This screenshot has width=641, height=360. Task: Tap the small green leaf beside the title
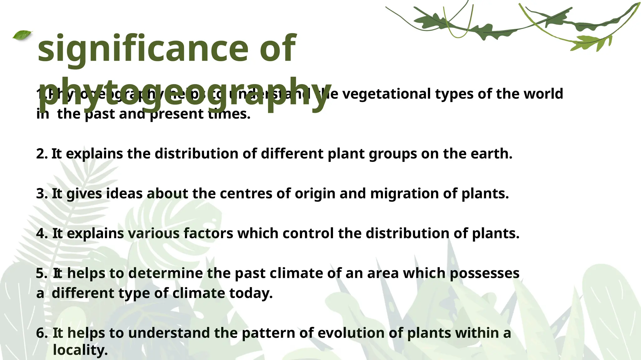[23, 35]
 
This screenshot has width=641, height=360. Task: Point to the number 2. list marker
[42, 154]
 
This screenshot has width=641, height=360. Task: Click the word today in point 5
[251, 293]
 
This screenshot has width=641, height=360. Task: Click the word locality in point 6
[80, 350]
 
